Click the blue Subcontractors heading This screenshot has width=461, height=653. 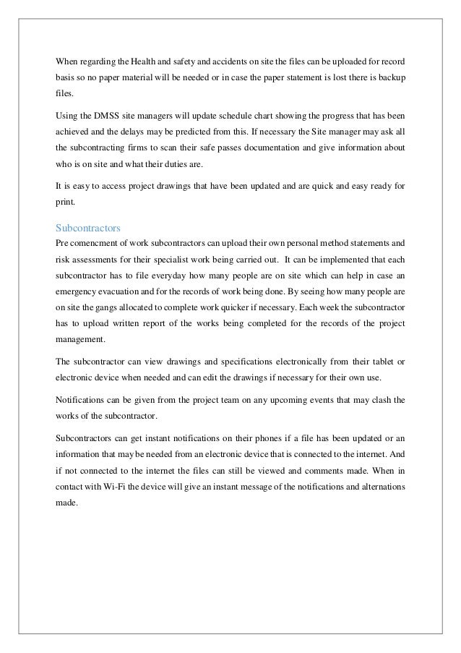tap(87, 226)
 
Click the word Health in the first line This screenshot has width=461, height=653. tap(125, 38)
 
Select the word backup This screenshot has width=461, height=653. tap(391, 75)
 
